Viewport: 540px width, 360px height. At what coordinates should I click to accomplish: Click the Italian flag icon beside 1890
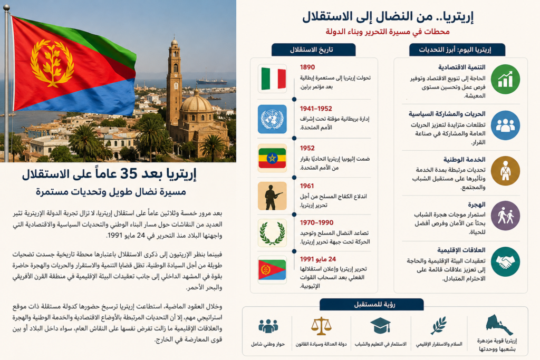[x=273, y=79]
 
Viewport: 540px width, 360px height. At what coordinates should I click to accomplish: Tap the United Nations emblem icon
[x=273, y=119]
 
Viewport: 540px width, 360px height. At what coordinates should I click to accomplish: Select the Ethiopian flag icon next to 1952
[x=273, y=158]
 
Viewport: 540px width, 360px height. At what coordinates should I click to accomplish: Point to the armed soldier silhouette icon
[x=273, y=196]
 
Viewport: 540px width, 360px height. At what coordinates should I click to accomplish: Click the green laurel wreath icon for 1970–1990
[x=273, y=233]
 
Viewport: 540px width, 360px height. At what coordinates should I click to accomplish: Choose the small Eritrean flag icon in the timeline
[x=273, y=270]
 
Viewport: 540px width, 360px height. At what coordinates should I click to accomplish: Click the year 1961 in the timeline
[x=307, y=186]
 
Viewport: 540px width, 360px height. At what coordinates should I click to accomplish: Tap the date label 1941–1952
[x=316, y=109]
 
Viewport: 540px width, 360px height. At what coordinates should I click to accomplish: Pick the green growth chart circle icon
[x=505, y=79]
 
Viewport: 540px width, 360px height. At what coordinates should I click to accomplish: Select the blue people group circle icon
[x=505, y=125]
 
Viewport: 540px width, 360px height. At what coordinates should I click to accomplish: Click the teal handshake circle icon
[x=505, y=261]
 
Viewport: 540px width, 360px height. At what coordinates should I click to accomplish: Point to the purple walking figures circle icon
[x=505, y=216]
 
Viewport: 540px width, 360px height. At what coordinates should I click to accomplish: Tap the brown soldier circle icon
[x=505, y=171]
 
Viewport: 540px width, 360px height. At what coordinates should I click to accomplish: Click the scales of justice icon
[x=321, y=326]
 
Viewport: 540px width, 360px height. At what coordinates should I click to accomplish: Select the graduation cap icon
[x=380, y=326]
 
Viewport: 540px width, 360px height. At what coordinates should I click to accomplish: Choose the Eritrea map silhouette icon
[x=499, y=325]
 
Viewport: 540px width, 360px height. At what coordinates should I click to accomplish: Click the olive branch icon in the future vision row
[x=439, y=325]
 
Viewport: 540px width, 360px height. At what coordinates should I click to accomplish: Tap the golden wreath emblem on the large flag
[x=52, y=63]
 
